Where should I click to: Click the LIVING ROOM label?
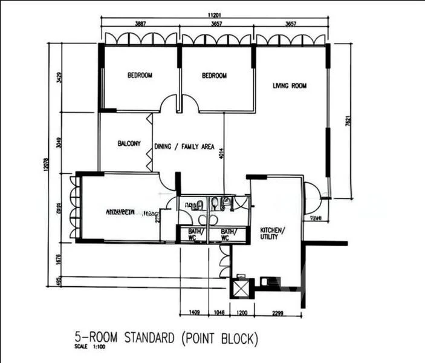(x=289, y=86)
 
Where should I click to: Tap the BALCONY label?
(x=129, y=143)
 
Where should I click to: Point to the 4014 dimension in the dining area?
(x=222, y=154)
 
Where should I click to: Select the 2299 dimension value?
(x=277, y=313)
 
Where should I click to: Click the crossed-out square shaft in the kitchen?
(x=241, y=287)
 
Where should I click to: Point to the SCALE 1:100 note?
(x=87, y=347)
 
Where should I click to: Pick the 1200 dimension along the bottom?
(x=242, y=313)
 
